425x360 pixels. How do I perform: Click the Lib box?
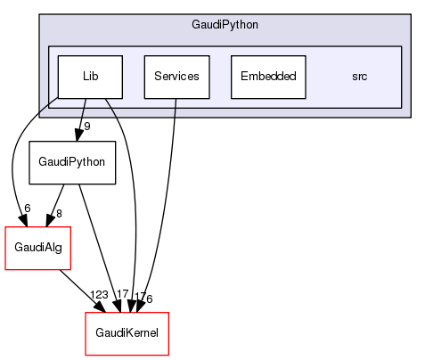(x=90, y=77)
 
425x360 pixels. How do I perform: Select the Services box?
(x=176, y=77)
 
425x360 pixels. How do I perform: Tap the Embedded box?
(x=268, y=77)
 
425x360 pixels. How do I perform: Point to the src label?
(x=359, y=77)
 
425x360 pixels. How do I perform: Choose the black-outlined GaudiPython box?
(x=72, y=162)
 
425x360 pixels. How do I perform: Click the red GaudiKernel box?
(x=127, y=333)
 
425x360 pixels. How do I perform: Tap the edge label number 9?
(x=87, y=126)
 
